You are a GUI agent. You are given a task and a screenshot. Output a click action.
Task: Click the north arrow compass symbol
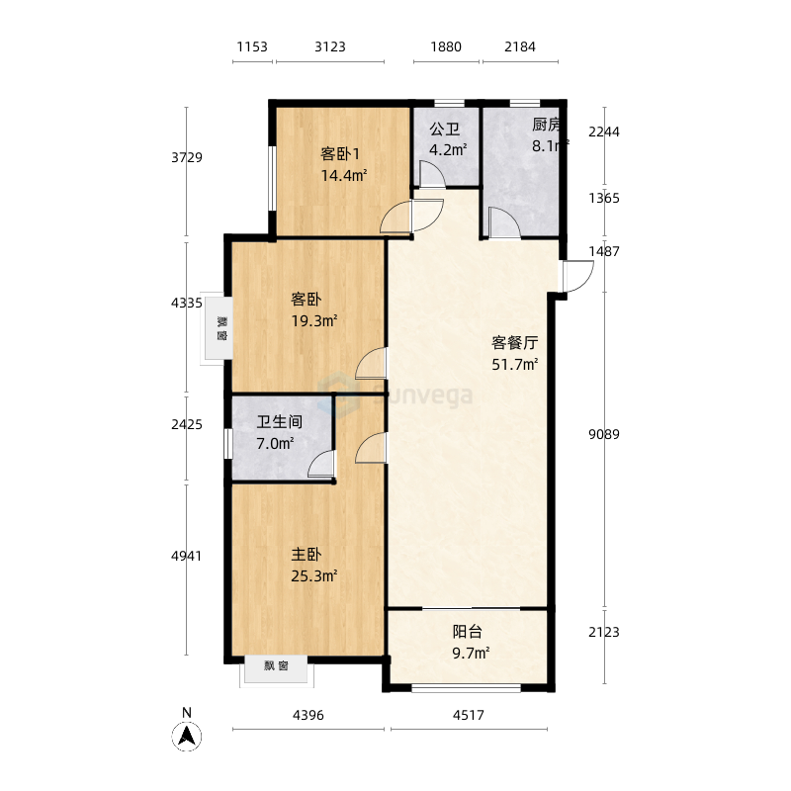tap(187, 737)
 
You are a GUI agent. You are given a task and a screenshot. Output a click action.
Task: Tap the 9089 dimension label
tap(604, 434)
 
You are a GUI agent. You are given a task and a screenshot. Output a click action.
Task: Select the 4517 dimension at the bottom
tap(469, 715)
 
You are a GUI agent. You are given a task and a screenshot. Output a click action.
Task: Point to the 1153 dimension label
tap(252, 46)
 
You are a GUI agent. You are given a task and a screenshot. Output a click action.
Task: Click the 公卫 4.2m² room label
tap(447, 139)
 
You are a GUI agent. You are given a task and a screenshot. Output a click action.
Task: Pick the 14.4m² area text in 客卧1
tap(344, 176)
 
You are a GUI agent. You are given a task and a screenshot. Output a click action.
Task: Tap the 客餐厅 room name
tap(515, 342)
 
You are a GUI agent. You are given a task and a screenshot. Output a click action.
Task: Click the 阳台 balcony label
tap(467, 632)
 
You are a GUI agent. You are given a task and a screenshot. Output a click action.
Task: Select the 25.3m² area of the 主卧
tap(314, 575)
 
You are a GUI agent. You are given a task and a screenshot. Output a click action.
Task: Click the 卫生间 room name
tap(280, 422)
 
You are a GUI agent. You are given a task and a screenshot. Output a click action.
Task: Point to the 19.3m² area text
tap(314, 320)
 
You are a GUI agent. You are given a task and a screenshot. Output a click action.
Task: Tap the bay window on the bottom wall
tap(277, 670)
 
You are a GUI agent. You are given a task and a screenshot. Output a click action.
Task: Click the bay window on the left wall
tap(217, 328)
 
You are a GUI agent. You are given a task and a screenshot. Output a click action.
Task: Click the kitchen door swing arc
tap(505, 222)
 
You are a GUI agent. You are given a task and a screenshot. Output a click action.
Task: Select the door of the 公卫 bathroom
tap(432, 174)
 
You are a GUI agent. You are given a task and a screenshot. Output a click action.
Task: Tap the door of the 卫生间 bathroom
tap(321, 464)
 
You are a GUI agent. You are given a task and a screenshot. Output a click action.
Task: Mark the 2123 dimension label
tap(604, 632)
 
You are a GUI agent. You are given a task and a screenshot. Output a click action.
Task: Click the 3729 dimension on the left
tap(187, 157)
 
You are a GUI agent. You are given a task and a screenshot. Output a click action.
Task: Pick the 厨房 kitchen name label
tap(547, 125)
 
